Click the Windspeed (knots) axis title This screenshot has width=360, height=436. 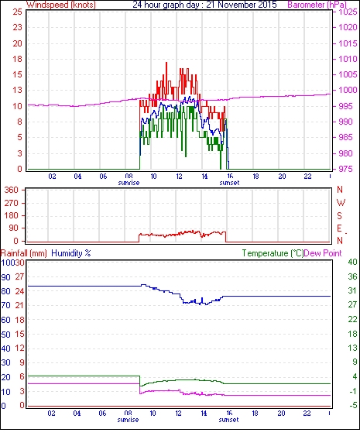click(x=61, y=5)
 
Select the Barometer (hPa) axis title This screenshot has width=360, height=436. click(x=317, y=5)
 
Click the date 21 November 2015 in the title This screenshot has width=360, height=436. click(x=242, y=5)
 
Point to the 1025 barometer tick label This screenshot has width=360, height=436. click(x=348, y=12)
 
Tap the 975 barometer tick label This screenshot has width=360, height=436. click(x=346, y=169)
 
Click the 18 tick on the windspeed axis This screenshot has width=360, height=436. click(x=17, y=59)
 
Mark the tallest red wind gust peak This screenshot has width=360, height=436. click(x=166, y=63)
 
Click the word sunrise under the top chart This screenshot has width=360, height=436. click(x=129, y=183)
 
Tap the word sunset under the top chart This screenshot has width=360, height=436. click(x=229, y=183)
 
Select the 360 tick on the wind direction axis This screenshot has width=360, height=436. click(x=12, y=191)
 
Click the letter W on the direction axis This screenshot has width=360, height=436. click(x=341, y=203)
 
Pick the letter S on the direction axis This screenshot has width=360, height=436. click(x=339, y=215)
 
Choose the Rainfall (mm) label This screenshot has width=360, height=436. click(x=24, y=253)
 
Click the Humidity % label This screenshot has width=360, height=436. click(x=71, y=253)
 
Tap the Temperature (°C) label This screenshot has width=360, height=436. click(x=273, y=253)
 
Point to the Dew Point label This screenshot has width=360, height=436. click(x=323, y=253)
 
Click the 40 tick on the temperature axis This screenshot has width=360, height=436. click(x=352, y=262)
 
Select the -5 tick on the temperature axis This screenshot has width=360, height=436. click(x=353, y=406)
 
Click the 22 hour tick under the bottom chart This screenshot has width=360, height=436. click(x=307, y=414)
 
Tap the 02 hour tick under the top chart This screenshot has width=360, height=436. click(x=52, y=177)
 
